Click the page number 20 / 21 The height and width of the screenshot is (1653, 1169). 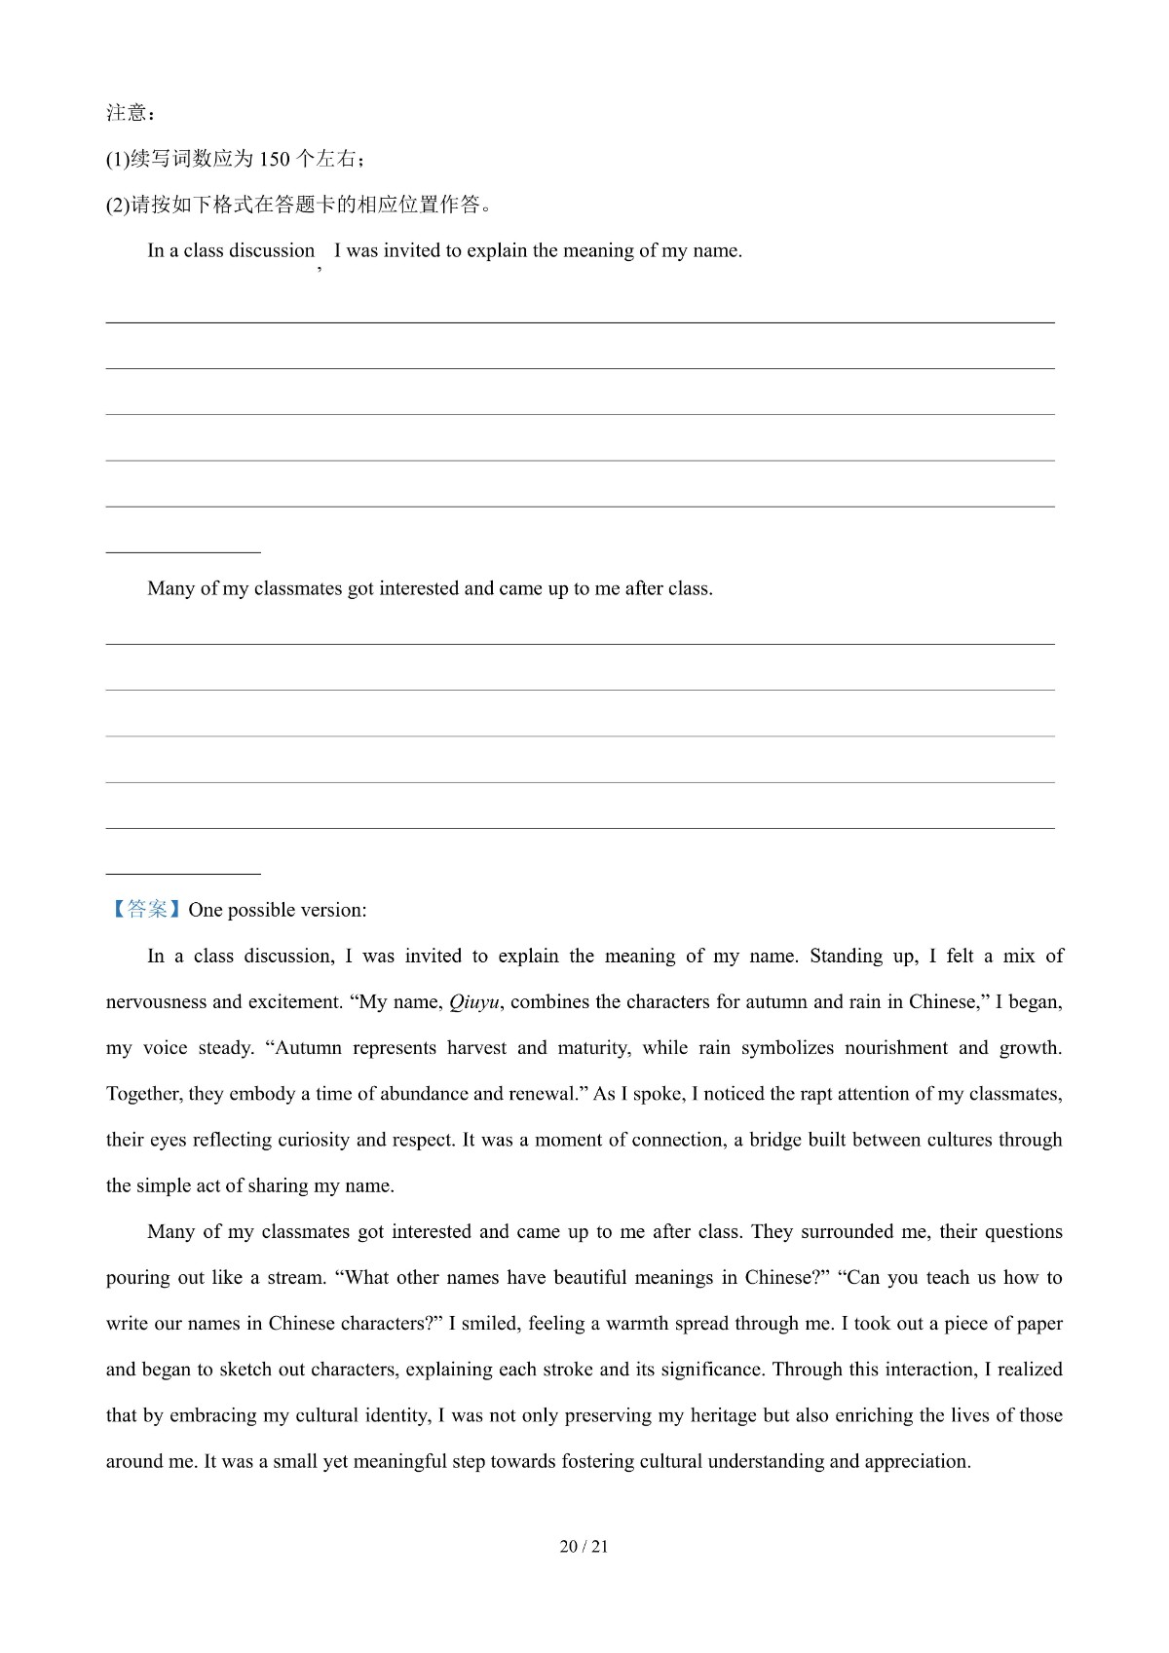(584, 1547)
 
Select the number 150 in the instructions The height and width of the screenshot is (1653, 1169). (275, 160)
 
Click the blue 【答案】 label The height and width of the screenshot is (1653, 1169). (144, 910)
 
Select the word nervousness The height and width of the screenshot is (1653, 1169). (156, 1002)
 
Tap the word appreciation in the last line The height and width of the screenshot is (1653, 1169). (916, 1461)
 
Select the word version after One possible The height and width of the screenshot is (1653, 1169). (332, 911)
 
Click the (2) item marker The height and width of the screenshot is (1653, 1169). (117, 206)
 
